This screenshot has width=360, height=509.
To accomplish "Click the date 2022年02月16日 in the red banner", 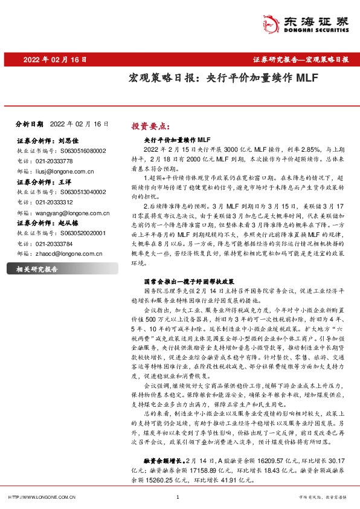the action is point(55,60).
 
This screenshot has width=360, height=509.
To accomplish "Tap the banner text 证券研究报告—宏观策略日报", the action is point(300,60).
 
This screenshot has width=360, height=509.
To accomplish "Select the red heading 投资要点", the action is point(151,126).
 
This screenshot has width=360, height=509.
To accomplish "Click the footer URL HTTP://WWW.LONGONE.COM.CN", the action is point(42,497).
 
